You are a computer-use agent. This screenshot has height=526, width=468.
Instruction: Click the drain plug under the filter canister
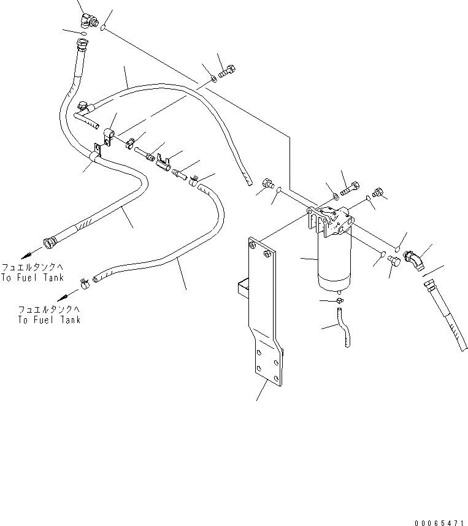(340, 300)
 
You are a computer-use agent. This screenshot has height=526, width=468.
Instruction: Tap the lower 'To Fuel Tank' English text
(48, 320)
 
